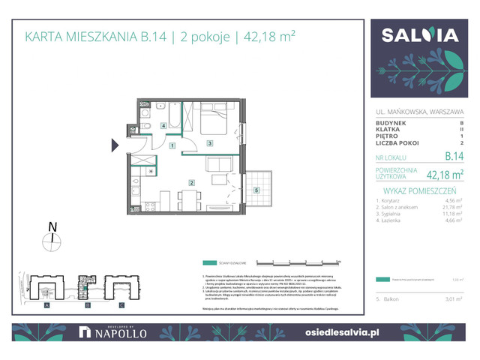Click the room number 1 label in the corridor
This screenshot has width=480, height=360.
[172, 145]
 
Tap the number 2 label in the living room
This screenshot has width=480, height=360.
[191, 182]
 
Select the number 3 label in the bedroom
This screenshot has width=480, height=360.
[211, 143]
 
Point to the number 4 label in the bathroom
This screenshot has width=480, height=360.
[163, 126]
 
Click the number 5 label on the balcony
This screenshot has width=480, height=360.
[256, 190]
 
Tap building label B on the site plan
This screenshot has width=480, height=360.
[87, 306]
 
